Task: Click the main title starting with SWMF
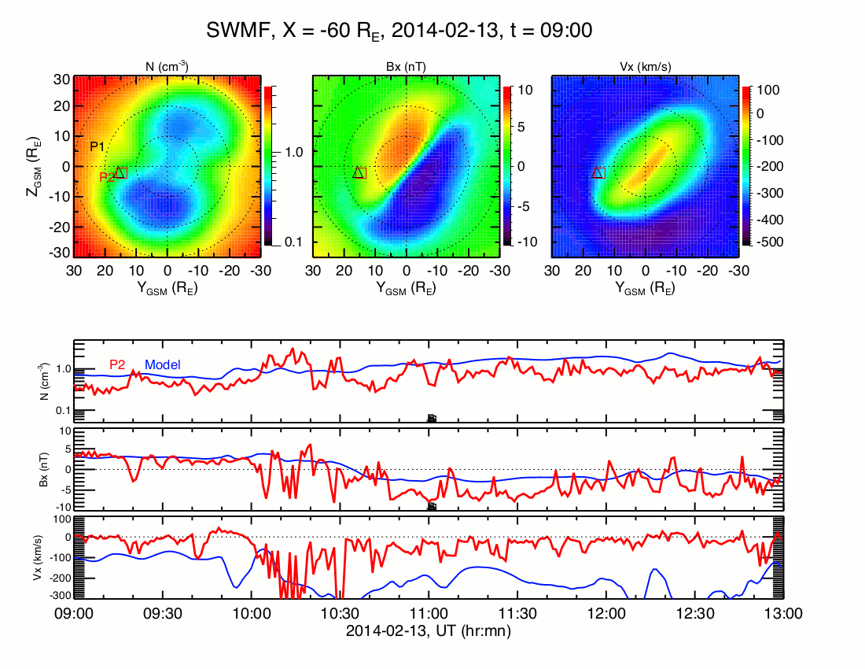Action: pyautogui.click(x=399, y=31)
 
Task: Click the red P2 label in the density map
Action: pyautogui.click(x=107, y=178)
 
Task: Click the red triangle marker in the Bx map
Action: pyautogui.click(x=359, y=172)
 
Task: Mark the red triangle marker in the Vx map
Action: pyautogui.click(x=597, y=172)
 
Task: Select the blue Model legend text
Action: pyautogui.click(x=163, y=364)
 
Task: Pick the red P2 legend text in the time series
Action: pyautogui.click(x=118, y=364)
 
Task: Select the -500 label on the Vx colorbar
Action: pyautogui.click(x=767, y=242)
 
